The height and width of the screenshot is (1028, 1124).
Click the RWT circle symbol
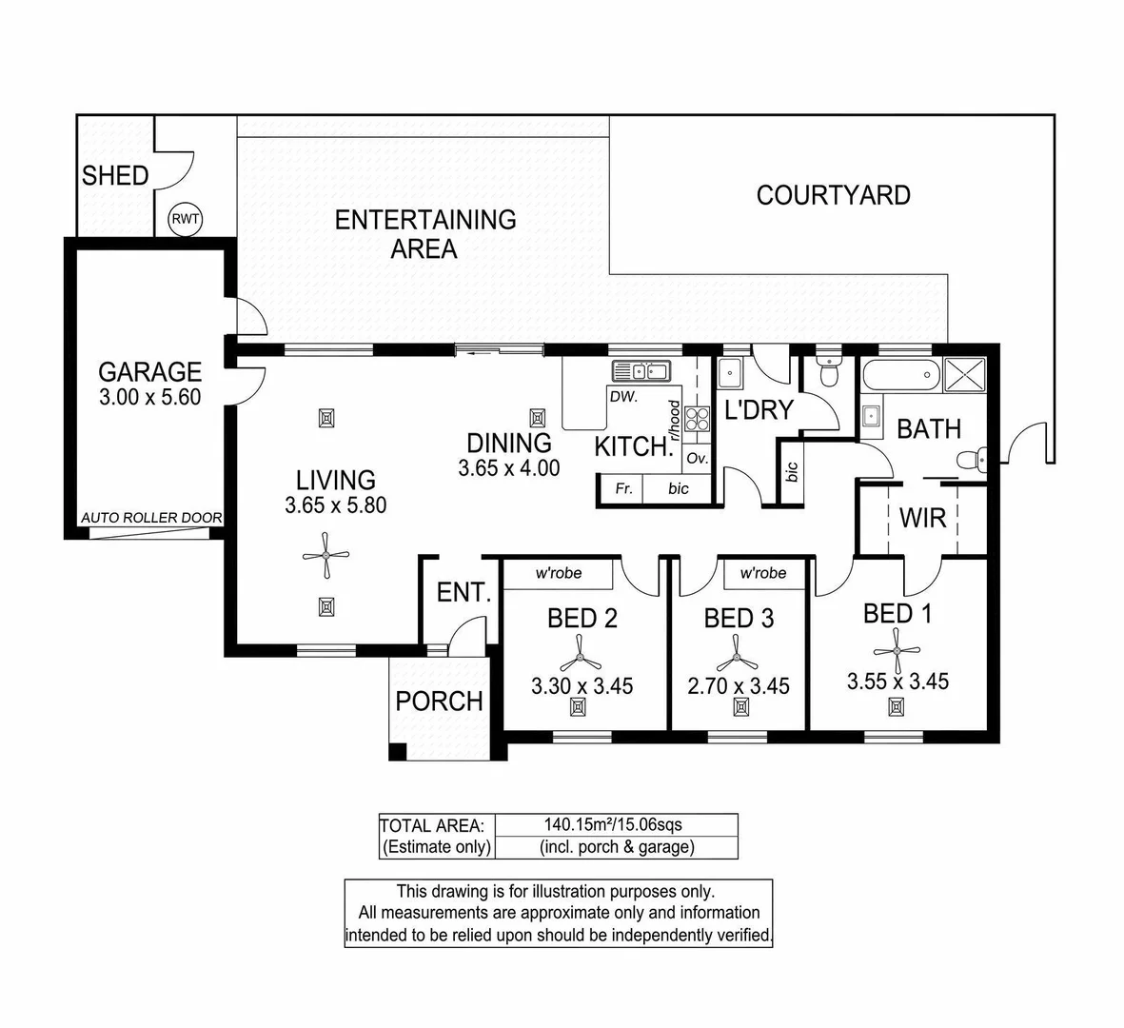(186, 220)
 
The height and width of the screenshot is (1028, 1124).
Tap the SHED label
(115, 176)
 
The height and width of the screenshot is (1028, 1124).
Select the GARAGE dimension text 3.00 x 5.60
(150, 398)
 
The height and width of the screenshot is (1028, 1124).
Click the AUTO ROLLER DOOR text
(151, 518)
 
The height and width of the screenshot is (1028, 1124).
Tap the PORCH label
(439, 702)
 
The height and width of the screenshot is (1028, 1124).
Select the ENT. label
(463, 592)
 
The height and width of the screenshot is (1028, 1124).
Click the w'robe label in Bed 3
(763, 573)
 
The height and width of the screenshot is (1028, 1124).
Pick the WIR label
(922, 518)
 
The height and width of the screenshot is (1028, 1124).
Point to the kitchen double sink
(641, 370)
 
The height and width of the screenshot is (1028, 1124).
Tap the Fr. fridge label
(623, 488)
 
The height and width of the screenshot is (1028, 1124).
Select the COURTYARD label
(833, 195)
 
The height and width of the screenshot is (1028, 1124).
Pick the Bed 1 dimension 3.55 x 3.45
(897, 682)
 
